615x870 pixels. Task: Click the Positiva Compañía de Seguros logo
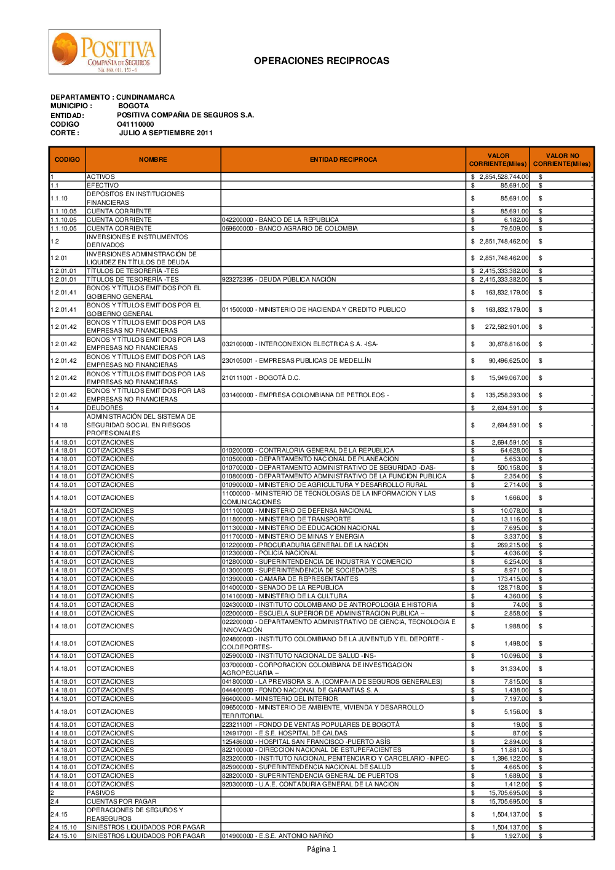tap(105, 52)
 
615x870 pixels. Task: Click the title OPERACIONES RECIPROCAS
tap(322, 61)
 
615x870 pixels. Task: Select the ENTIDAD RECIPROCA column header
tap(343, 160)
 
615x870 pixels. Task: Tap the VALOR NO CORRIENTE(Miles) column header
tap(561, 160)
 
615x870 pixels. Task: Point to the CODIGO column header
tap(67, 160)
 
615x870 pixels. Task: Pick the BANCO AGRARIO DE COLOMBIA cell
tap(290, 229)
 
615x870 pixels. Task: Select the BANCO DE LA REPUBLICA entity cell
tap(280, 220)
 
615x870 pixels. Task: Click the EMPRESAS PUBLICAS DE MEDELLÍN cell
tap(296, 361)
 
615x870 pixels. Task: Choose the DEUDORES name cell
tap(105, 408)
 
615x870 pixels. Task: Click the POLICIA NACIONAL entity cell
tap(270, 553)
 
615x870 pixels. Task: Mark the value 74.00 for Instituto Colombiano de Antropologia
tap(520, 605)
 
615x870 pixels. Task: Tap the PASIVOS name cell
tap(101, 793)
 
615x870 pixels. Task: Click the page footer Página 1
tap(322, 849)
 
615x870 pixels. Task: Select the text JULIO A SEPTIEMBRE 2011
tap(166, 133)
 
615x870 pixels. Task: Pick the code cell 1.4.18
tap(59, 425)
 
